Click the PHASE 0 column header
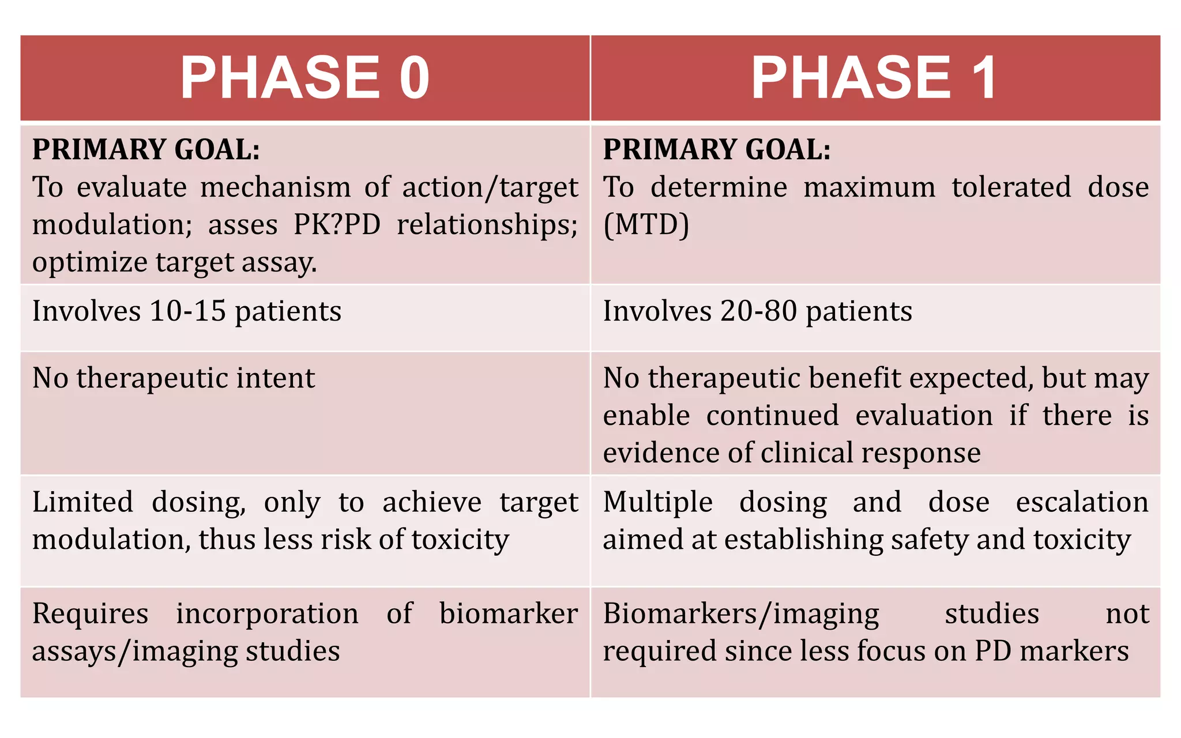point(305,78)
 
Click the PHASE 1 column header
point(874,78)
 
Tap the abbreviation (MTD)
point(646,225)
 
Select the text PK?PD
point(337,225)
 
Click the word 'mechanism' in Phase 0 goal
point(275,187)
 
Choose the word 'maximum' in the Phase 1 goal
point(869,187)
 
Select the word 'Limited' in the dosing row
point(82,502)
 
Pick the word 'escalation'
point(1082,502)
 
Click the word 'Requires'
point(90,613)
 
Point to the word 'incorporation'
point(267,613)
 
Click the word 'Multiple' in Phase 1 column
point(657,502)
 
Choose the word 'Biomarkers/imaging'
point(741,614)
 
